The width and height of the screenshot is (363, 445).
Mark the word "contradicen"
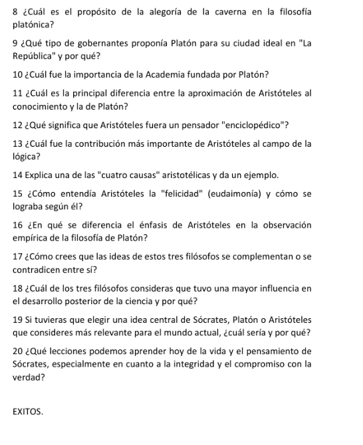39,268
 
